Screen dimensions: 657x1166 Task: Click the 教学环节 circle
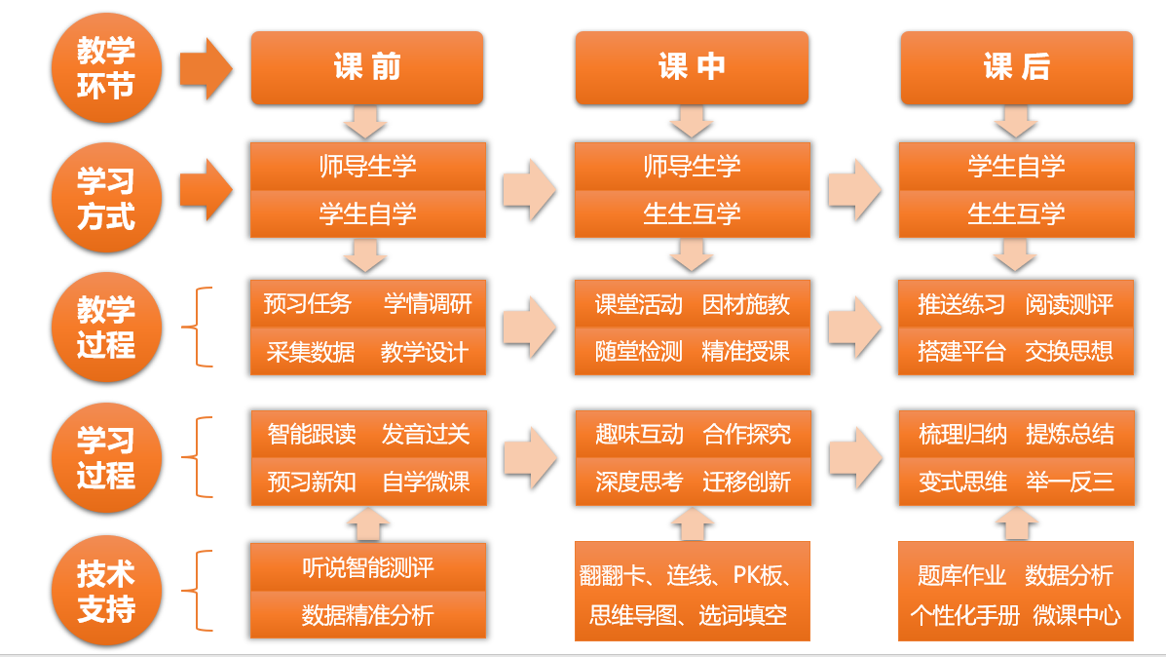point(106,68)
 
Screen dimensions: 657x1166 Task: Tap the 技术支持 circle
point(106,592)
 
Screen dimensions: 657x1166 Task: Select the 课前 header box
point(367,67)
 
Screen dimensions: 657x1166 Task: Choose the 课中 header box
point(692,67)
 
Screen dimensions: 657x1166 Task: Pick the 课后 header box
point(1016,67)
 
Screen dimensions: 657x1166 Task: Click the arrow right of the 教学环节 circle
point(206,68)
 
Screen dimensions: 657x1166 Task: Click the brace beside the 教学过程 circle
point(203,327)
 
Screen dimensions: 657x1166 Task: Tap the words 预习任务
point(307,304)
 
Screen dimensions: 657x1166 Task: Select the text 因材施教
point(746,304)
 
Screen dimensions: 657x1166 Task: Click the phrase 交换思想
point(1069,351)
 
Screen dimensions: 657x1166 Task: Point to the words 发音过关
point(426,434)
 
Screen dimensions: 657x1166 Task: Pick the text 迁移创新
point(746,481)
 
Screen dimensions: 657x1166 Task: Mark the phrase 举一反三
point(1069,481)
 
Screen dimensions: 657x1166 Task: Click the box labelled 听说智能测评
point(368,567)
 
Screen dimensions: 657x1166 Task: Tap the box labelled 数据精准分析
point(368,615)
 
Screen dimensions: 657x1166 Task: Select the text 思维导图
point(633,615)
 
